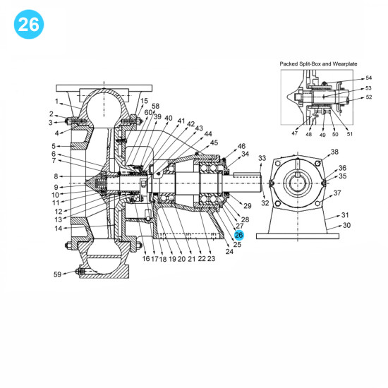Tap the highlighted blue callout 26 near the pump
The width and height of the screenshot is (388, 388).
(238, 235)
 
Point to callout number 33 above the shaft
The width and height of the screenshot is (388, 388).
(262, 158)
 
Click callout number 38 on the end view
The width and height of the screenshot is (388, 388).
(334, 152)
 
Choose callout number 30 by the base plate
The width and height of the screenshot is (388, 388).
(346, 226)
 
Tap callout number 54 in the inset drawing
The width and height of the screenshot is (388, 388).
(368, 78)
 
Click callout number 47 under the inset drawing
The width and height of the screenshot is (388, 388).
(295, 133)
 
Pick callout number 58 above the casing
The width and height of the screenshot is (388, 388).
(155, 107)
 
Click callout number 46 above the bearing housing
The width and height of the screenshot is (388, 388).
(241, 146)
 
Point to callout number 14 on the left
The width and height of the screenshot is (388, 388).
(58, 228)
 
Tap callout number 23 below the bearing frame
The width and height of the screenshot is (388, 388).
(211, 259)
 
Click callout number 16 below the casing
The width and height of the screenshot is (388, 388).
(145, 259)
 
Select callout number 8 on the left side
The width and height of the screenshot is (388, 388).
(55, 176)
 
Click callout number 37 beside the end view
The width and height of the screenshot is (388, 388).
(337, 193)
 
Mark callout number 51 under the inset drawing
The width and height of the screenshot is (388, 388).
(350, 133)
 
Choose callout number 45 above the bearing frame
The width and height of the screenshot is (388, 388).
(214, 143)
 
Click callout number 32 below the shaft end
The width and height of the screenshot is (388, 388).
(265, 203)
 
